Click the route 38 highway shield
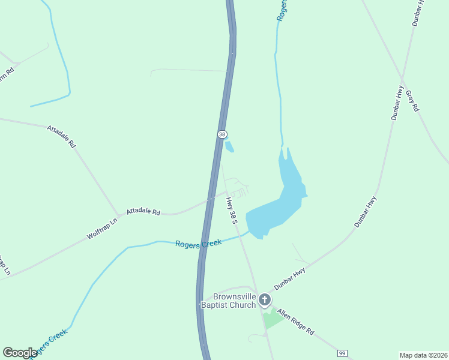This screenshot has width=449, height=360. coord(222,134)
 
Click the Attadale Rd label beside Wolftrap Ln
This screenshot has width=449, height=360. coord(143,212)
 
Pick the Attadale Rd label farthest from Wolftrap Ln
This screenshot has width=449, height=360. coord(62,136)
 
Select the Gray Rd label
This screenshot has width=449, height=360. coord(412,101)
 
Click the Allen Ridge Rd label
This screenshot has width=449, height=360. coord(295,323)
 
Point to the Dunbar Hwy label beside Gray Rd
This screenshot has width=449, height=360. coord(397,103)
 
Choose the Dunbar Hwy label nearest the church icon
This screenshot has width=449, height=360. coord(290,279)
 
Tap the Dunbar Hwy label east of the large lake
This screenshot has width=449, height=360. coord(365,211)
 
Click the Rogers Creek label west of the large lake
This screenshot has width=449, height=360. coord(198,243)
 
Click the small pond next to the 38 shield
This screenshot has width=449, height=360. coord(229,145)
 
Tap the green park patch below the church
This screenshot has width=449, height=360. coord(273,318)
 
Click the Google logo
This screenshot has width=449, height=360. coord(20,353)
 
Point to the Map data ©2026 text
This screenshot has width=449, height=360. coord(424,355)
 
